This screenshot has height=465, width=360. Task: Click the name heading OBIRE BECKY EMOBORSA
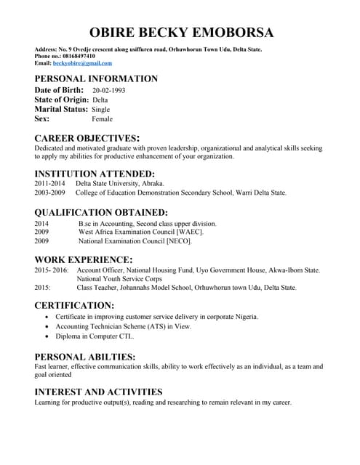pyautogui.click(x=180, y=32)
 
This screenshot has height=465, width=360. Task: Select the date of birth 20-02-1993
pyautogui.click(x=108, y=90)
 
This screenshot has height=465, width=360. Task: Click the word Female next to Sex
pyautogui.click(x=103, y=118)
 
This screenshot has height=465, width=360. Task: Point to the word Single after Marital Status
pyautogui.click(x=101, y=109)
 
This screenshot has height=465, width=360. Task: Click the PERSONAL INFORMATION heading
pyautogui.click(x=96, y=78)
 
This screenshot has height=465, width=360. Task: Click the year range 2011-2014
pyautogui.click(x=50, y=184)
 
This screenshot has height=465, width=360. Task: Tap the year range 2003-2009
pyautogui.click(x=50, y=193)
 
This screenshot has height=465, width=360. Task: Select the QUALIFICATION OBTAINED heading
pyautogui.click(x=101, y=213)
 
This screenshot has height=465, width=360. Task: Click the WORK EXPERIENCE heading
pyautogui.click(x=84, y=259)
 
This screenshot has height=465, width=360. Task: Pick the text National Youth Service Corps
pyautogui.click(x=119, y=278)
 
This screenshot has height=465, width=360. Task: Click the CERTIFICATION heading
pyautogui.click(x=74, y=306)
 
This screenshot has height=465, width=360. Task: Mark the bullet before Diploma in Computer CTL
pyautogui.click(x=47, y=337)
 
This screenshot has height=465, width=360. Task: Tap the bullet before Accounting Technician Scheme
pyautogui.click(x=47, y=327)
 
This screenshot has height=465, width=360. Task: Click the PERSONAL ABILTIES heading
pyautogui.click(x=85, y=357)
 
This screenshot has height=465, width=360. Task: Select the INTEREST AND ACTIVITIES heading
pyautogui.click(x=98, y=392)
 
